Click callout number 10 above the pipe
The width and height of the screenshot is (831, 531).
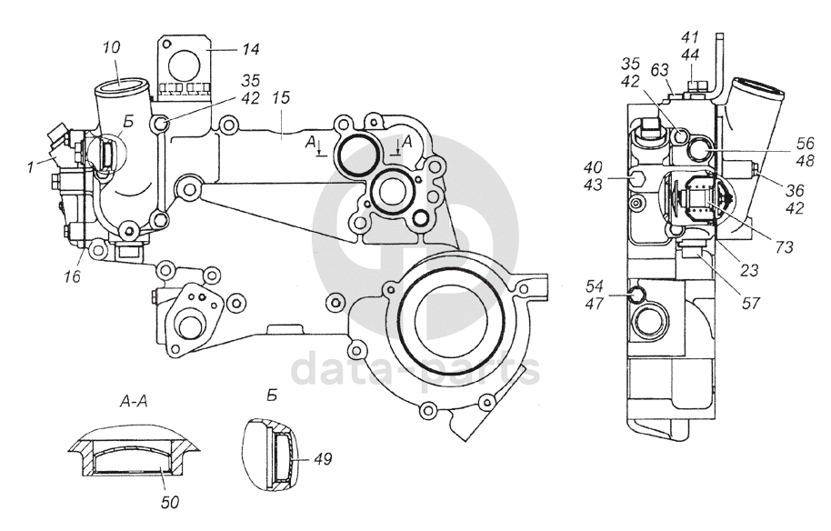(x=111, y=47)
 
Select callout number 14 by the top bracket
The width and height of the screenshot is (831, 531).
(x=251, y=49)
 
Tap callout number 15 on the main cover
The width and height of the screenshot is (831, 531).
(x=282, y=97)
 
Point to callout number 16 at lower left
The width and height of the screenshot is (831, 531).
(x=72, y=276)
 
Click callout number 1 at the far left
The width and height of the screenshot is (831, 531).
(x=30, y=167)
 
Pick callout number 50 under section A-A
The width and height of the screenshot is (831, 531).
(x=170, y=502)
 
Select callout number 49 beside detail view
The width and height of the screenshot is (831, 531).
(x=323, y=459)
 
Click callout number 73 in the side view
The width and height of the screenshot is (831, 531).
(x=784, y=246)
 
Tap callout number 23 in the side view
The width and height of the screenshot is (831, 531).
(x=749, y=271)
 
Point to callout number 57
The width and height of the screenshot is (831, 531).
(x=751, y=303)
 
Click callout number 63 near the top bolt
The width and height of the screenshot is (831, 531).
(x=660, y=70)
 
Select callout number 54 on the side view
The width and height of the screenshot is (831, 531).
(x=595, y=286)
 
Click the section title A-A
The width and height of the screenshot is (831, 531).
(x=134, y=402)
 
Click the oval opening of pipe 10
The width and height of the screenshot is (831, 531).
(x=120, y=84)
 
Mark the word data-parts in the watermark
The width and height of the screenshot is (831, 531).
(x=415, y=369)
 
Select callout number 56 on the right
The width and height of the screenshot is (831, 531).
(x=805, y=143)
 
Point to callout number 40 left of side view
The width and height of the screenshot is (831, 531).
(x=593, y=167)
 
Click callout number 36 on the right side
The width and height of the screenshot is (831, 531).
(x=795, y=190)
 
